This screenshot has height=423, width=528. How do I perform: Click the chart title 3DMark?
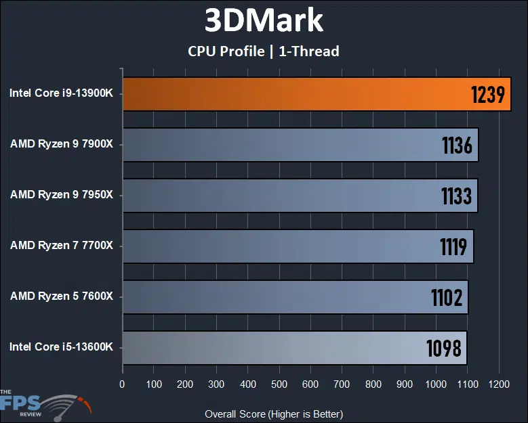264,21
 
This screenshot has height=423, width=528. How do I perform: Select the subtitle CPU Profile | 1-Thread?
264,51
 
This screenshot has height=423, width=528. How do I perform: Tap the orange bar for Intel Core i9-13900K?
291,94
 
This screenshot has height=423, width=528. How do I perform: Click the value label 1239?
488,94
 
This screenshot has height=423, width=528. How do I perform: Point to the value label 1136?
456,145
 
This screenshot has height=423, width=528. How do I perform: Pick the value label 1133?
455,196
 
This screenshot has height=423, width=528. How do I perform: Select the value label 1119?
451,246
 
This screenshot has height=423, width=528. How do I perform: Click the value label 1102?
446,297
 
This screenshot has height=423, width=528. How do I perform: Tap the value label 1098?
444,348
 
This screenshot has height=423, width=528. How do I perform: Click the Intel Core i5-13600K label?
61,347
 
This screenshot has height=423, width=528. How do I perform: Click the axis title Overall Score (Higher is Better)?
274,414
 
